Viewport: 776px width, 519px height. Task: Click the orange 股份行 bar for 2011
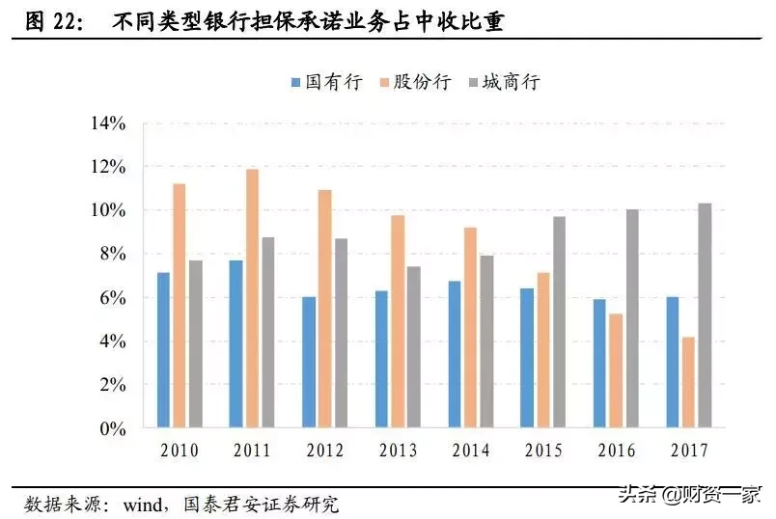pos(252,298)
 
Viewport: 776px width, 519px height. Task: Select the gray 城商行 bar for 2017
pos(704,315)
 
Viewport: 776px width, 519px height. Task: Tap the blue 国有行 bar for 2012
pos(309,362)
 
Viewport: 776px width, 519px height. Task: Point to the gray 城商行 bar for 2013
pos(413,346)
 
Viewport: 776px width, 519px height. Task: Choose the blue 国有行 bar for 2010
pos(163,350)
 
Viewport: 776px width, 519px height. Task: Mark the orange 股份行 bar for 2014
pos(470,327)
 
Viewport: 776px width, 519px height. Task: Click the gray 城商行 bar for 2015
pos(559,322)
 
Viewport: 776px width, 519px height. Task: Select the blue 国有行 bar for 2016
pos(598,363)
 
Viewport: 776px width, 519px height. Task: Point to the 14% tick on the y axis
pos(108,123)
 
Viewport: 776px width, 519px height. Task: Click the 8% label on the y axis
pos(114,254)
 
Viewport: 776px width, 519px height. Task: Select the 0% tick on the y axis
pos(114,428)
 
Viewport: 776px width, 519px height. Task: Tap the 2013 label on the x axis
pos(398,451)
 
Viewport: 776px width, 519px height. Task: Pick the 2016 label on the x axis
pos(616,451)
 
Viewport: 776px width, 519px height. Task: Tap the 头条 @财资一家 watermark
pos(704,496)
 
